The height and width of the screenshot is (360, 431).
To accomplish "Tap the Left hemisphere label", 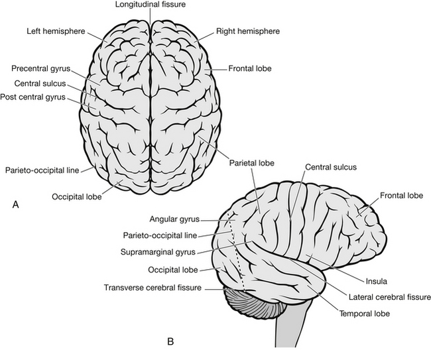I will (x=54, y=31).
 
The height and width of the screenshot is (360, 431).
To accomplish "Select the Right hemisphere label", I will (x=247, y=31).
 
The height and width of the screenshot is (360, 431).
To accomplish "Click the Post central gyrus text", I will (x=42, y=97).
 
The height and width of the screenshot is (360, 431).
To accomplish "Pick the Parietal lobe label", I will (x=251, y=162).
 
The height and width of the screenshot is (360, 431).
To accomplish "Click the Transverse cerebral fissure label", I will (x=154, y=287).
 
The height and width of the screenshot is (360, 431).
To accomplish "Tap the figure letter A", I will (x=15, y=206).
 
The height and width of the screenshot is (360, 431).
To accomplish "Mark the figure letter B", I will (x=170, y=342).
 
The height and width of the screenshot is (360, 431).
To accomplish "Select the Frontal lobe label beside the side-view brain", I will (x=401, y=196).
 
